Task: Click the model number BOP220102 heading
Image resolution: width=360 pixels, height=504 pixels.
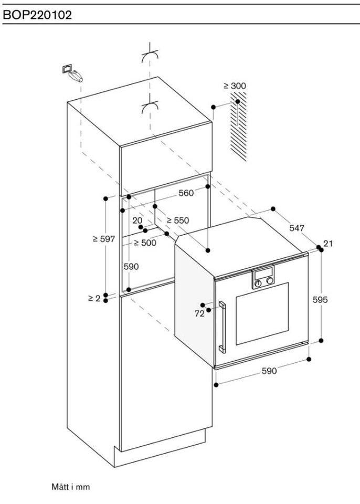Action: tap(37, 15)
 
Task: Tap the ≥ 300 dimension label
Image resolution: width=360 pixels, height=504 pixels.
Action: tap(235, 86)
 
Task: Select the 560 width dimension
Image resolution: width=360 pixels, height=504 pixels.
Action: tap(186, 193)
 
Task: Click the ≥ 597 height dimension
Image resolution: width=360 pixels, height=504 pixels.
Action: tap(103, 239)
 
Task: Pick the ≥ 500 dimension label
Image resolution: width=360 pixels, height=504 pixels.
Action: tap(144, 243)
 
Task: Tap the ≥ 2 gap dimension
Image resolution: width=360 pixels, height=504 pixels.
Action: tap(94, 298)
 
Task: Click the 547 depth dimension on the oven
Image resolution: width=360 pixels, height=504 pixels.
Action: tap(297, 228)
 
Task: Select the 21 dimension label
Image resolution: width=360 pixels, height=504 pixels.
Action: tap(329, 243)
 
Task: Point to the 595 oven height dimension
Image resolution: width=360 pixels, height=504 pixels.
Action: tap(320, 300)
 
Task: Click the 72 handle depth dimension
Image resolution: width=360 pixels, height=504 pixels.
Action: tap(199, 313)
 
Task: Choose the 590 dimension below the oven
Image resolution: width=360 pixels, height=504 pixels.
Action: tap(269, 371)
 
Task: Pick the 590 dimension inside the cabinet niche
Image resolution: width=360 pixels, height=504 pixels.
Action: tap(131, 267)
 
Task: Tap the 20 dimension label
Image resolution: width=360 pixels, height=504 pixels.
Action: tap(137, 220)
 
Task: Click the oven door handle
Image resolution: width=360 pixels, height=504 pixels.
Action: tap(223, 325)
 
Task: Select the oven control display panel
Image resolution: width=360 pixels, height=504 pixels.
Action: tap(263, 278)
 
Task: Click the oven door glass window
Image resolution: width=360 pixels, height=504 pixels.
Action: tap(262, 313)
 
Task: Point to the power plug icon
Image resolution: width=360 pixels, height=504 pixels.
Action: tap(73, 73)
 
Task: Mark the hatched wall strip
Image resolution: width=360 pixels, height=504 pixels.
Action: tap(239, 129)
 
